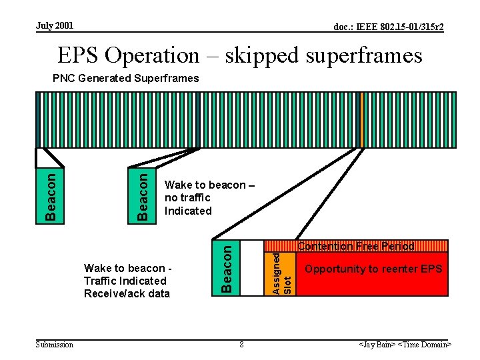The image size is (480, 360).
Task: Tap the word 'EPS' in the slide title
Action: click(81, 55)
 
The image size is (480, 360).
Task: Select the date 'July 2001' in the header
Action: click(55, 26)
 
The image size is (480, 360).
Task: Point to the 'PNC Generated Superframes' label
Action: click(125, 79)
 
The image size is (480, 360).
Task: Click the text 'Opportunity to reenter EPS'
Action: click(373, 269)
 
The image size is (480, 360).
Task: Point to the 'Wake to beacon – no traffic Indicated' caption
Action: click(197, 198)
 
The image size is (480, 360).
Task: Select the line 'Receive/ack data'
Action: click(127, 294)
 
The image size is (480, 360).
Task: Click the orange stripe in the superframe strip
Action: click(361, 119)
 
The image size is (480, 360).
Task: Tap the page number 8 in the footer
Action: click(241, 345)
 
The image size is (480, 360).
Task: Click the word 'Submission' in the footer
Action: click(54, 345)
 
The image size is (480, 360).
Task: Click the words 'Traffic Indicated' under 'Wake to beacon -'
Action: click(125, 281)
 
